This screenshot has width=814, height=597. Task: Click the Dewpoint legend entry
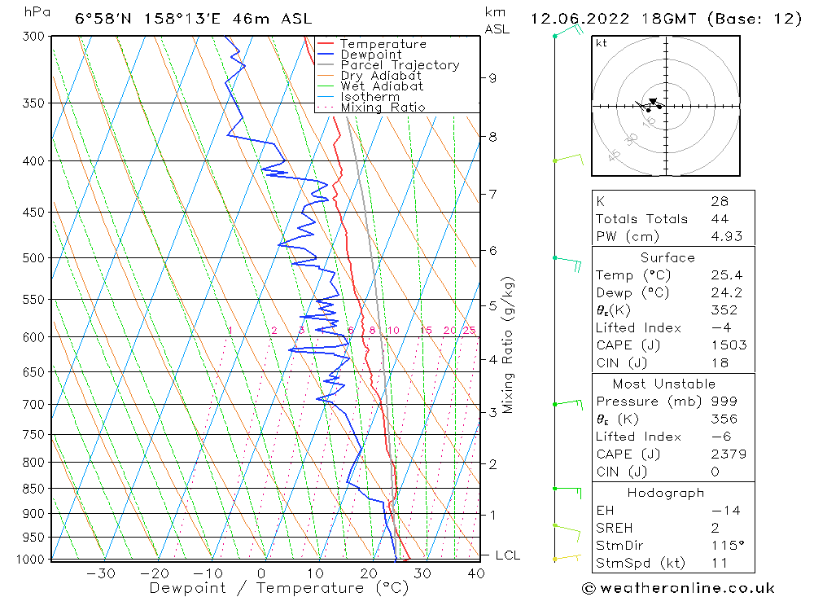[x=370, y=55]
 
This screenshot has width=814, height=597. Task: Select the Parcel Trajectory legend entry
[x=400, y=65]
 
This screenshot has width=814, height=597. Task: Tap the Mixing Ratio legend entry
[x=383, y=108]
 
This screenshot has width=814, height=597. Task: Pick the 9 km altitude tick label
[x=492, y=78]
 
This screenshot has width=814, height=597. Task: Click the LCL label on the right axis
[x=507, y=555]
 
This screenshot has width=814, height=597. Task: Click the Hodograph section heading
[x=667, y=493]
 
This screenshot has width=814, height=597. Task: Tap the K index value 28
[x=719, y=201]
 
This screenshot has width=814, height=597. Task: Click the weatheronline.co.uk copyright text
[x=678, y=588]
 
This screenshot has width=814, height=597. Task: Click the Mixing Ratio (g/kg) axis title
[x=508, y=345]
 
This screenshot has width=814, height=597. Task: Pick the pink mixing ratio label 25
[x=469, y=330]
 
